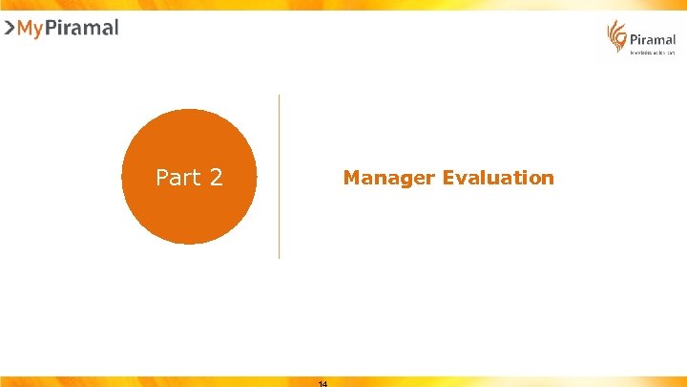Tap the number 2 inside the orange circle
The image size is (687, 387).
(x=215, y=178)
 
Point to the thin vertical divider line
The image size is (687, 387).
(x=279, y=176)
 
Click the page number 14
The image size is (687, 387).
(x=322, y=383)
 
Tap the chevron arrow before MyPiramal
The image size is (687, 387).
(x=10, y=28)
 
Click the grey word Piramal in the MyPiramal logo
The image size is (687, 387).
(x=83, y=28)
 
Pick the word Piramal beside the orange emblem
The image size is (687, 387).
(x=653, y=40)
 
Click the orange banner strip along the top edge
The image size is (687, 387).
(x=343, y=5)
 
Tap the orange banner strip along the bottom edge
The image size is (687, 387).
(x=477, y=381)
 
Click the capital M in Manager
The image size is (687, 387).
(x=350, y=178)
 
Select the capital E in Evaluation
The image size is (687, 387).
(x=448, y=178)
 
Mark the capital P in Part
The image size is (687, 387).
(x=161, y=178)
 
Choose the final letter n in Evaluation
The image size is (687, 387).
(x=548, y=179)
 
